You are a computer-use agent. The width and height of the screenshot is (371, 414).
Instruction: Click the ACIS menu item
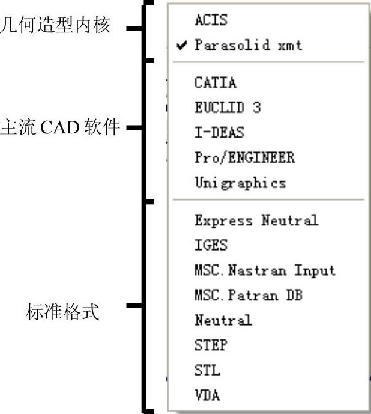click(x=211, y=20)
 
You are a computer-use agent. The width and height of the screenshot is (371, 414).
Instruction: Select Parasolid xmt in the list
click(x=248, y=46)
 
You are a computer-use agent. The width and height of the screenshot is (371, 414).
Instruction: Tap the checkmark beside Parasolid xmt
click(x=182, y=46)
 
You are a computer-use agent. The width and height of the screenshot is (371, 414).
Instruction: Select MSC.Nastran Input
click(x=265, y=270)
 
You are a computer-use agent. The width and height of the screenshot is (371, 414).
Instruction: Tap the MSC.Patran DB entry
click(x=249, y=295)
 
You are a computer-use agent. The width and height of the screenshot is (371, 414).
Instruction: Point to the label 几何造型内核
click(x=55, y=28)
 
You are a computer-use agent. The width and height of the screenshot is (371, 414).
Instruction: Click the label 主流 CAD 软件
click(x=60, y=127)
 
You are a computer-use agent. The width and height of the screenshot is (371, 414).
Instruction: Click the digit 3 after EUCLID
click(x=257, y=108)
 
